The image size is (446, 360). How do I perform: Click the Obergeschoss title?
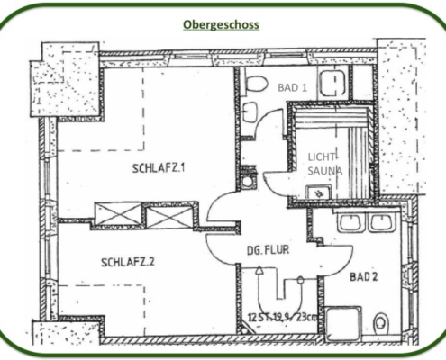tap(221, 25)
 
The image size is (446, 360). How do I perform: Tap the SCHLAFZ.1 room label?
tap(159, 168)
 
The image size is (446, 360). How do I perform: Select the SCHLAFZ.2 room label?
tap(128, 262)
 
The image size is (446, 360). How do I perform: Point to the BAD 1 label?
tap(292, 87)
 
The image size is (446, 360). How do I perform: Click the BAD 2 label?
tap(363, 276)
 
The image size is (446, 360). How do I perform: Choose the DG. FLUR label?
tap(268, 250)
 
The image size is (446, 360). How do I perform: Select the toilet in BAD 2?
tap(379, 323)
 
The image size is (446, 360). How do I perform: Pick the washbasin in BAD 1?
tap(250, 112)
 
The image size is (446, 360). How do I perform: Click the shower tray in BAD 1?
tap(332, 82)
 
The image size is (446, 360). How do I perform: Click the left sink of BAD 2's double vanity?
tap(351, 222)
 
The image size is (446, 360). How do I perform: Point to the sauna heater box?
tap(319, 192)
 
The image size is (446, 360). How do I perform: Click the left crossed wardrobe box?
tap(118, 213)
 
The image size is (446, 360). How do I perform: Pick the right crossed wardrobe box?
tap(169, 215)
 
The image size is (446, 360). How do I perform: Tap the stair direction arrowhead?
tap(259, 270)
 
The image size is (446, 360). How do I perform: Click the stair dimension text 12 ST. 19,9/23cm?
tap(282, 317)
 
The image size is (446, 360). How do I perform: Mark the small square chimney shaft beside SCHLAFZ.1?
tap(248, 181)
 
